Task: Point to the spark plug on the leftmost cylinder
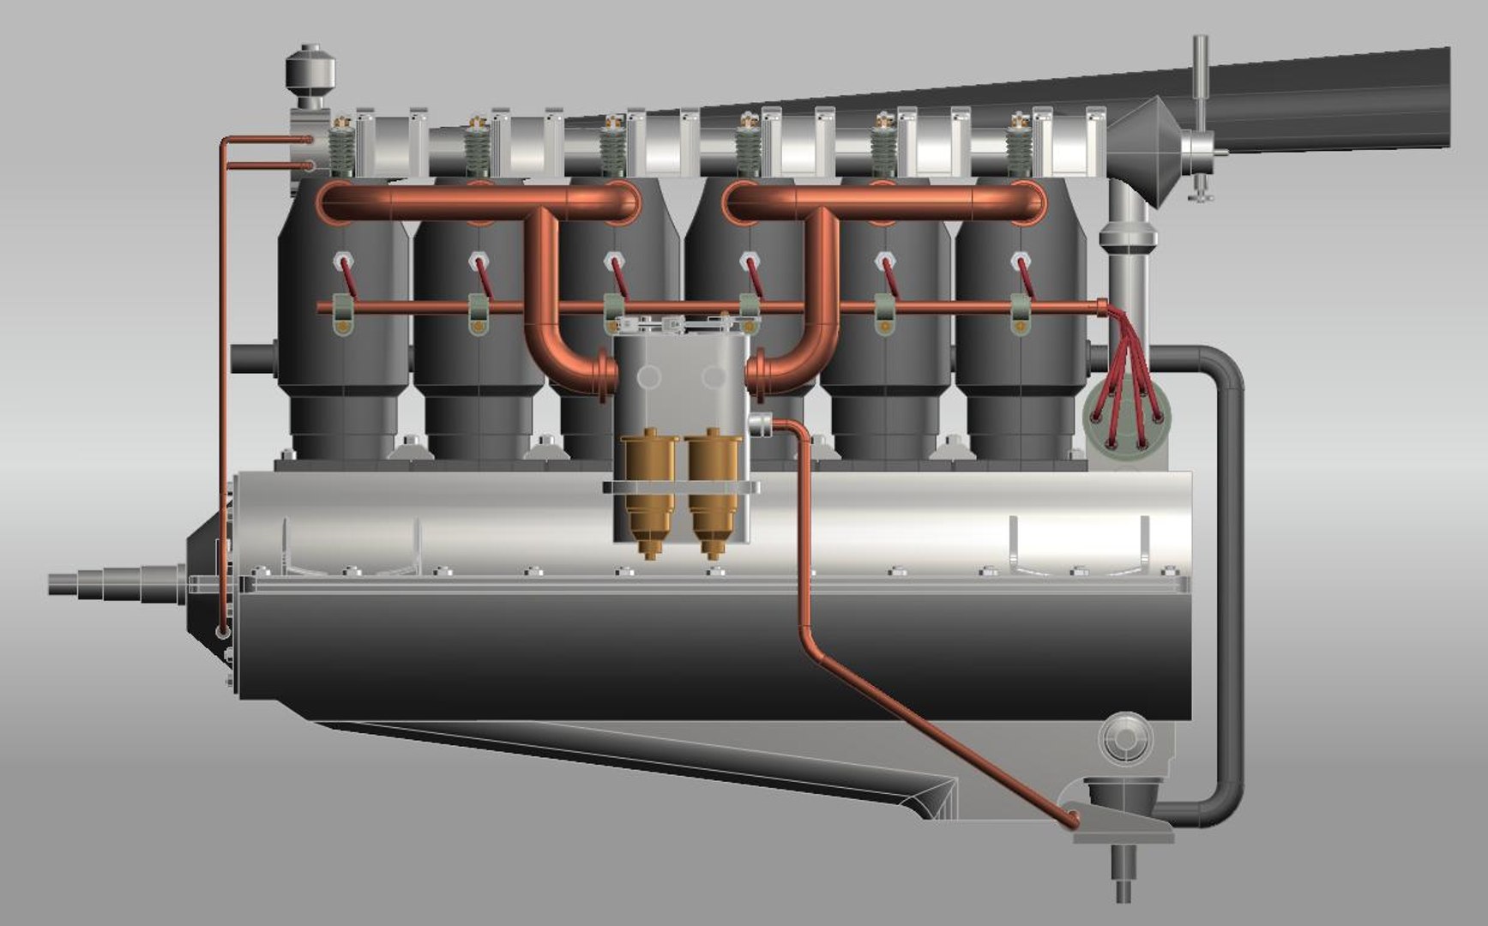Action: point(343,260)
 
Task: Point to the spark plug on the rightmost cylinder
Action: point(1019,260)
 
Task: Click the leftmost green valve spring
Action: point(343,153)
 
